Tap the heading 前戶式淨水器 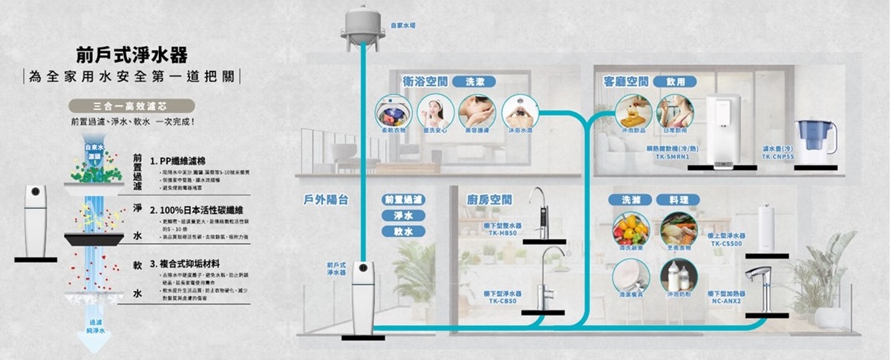131,55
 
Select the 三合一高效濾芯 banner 130,105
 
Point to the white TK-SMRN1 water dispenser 723,131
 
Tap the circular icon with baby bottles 679,275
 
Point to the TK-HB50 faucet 541,212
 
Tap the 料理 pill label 678,200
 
